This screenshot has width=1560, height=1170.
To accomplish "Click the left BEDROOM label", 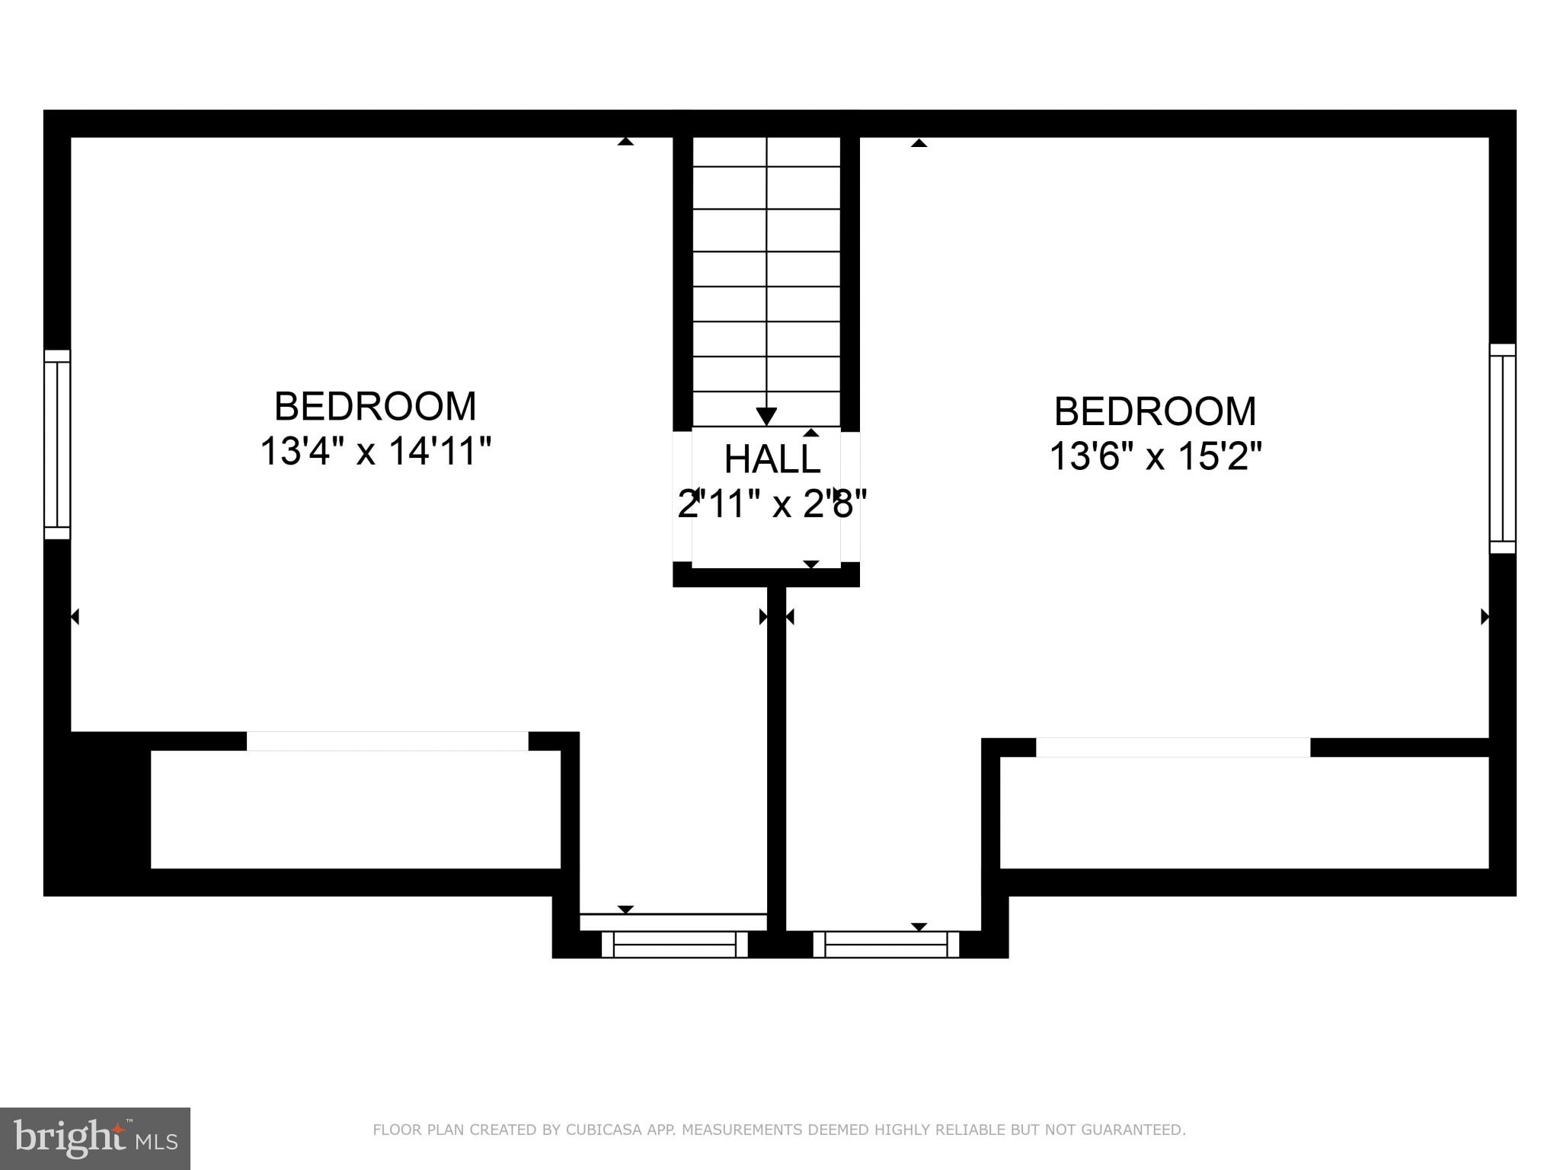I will point(375,406).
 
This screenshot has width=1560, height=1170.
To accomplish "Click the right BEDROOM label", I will point(1155,411).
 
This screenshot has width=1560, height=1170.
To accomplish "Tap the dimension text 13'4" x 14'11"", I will point(375,451).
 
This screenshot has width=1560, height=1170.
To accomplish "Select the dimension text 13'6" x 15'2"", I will point(1155,456).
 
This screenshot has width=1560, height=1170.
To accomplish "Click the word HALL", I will point(772,459).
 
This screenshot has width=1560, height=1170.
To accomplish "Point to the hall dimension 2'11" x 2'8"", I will point(772,503).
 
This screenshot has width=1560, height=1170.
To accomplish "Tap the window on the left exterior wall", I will point(57,444).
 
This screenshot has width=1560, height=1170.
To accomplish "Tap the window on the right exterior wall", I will point(1502,448).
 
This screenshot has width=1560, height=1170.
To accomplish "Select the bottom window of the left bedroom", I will point(674,945).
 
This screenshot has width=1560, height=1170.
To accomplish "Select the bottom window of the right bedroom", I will point(886,945).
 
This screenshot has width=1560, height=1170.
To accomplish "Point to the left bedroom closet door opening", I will point(387,741).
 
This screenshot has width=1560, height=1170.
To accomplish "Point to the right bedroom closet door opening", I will point(1173,747).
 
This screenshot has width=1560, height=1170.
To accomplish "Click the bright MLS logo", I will point(95,1138).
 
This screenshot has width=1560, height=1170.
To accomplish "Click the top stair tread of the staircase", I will point(766,152).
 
